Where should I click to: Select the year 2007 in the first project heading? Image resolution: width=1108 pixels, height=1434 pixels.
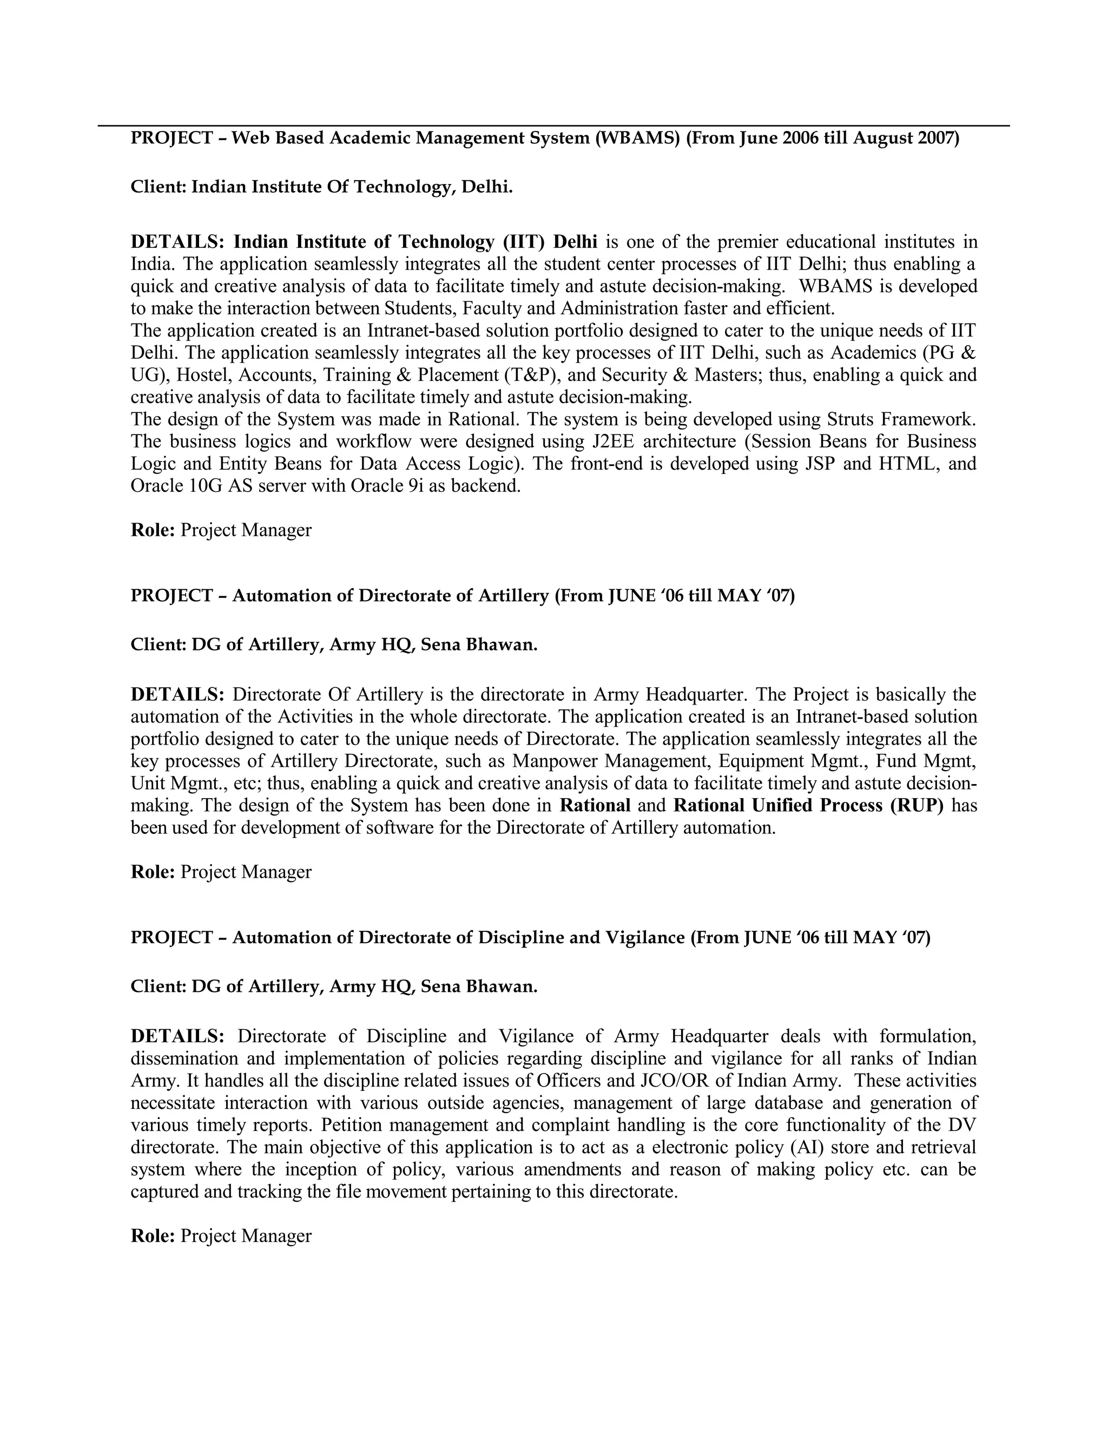[x=935, y=139]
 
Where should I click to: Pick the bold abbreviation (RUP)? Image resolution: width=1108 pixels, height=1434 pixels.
[x=916, y=806]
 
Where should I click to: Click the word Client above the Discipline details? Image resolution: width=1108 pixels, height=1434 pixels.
[x=158, y=987]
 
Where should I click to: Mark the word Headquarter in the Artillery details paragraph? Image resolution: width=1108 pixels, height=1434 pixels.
[x=698, y=695]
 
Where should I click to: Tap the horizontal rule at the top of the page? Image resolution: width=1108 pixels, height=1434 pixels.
[x=553, y=126]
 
